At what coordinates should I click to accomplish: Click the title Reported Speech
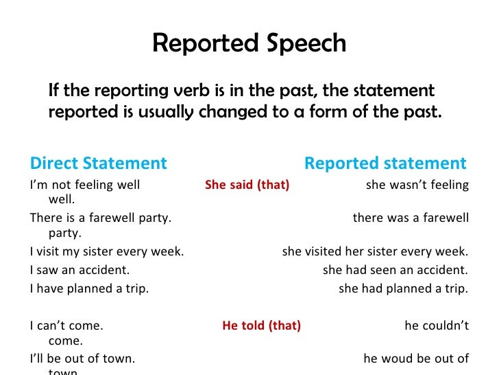249,43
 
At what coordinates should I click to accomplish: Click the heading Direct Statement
98,163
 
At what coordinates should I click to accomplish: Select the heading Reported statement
385,163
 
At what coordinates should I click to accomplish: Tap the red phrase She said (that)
247,185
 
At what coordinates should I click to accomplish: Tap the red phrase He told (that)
261,326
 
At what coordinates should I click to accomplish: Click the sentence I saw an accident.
80,270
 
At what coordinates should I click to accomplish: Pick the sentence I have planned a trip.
89,288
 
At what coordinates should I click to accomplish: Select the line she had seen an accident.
395,270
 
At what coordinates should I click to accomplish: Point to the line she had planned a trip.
404,288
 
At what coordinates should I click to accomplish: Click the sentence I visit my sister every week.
107,251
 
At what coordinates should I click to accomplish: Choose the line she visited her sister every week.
375,251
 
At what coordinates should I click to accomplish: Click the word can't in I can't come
50,326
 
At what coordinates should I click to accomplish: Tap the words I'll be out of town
82,359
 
